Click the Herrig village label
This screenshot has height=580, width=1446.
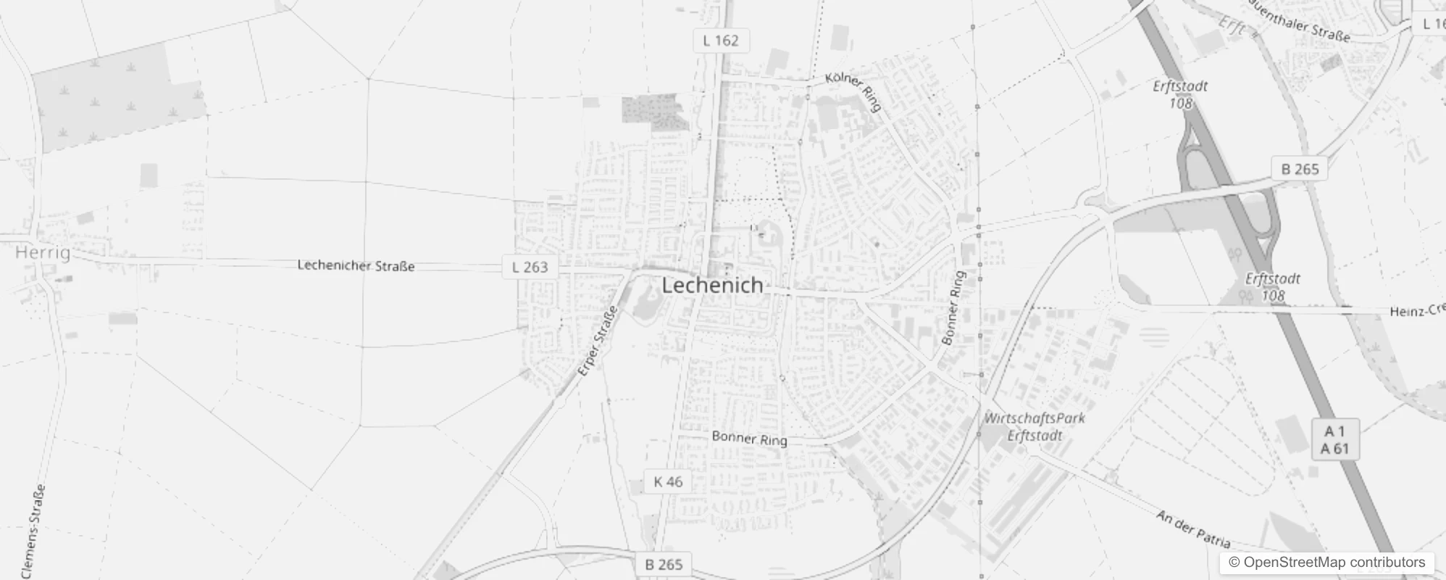[43, 253]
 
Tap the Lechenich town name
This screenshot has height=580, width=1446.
[713, 285]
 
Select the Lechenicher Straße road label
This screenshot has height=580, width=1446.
[356, 266]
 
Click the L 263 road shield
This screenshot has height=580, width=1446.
[530, 267]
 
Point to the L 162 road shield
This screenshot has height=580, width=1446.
[721, 41]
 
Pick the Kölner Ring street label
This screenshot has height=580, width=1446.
[854, 91]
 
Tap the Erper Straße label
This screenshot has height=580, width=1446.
[598, 341]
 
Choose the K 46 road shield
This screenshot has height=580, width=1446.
[667, 481]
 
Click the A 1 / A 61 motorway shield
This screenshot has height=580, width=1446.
[1334, 440]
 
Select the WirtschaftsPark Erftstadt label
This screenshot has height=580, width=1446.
[1035, 426]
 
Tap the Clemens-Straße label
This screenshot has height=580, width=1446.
[34, 531]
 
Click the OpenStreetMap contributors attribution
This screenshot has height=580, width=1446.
[1326, 563]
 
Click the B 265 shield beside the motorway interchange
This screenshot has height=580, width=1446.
[1300, 169]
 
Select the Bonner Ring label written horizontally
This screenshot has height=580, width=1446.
[749, 438]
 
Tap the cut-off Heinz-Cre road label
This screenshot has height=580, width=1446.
[1417, 311]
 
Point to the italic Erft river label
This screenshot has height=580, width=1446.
[1232, 27]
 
